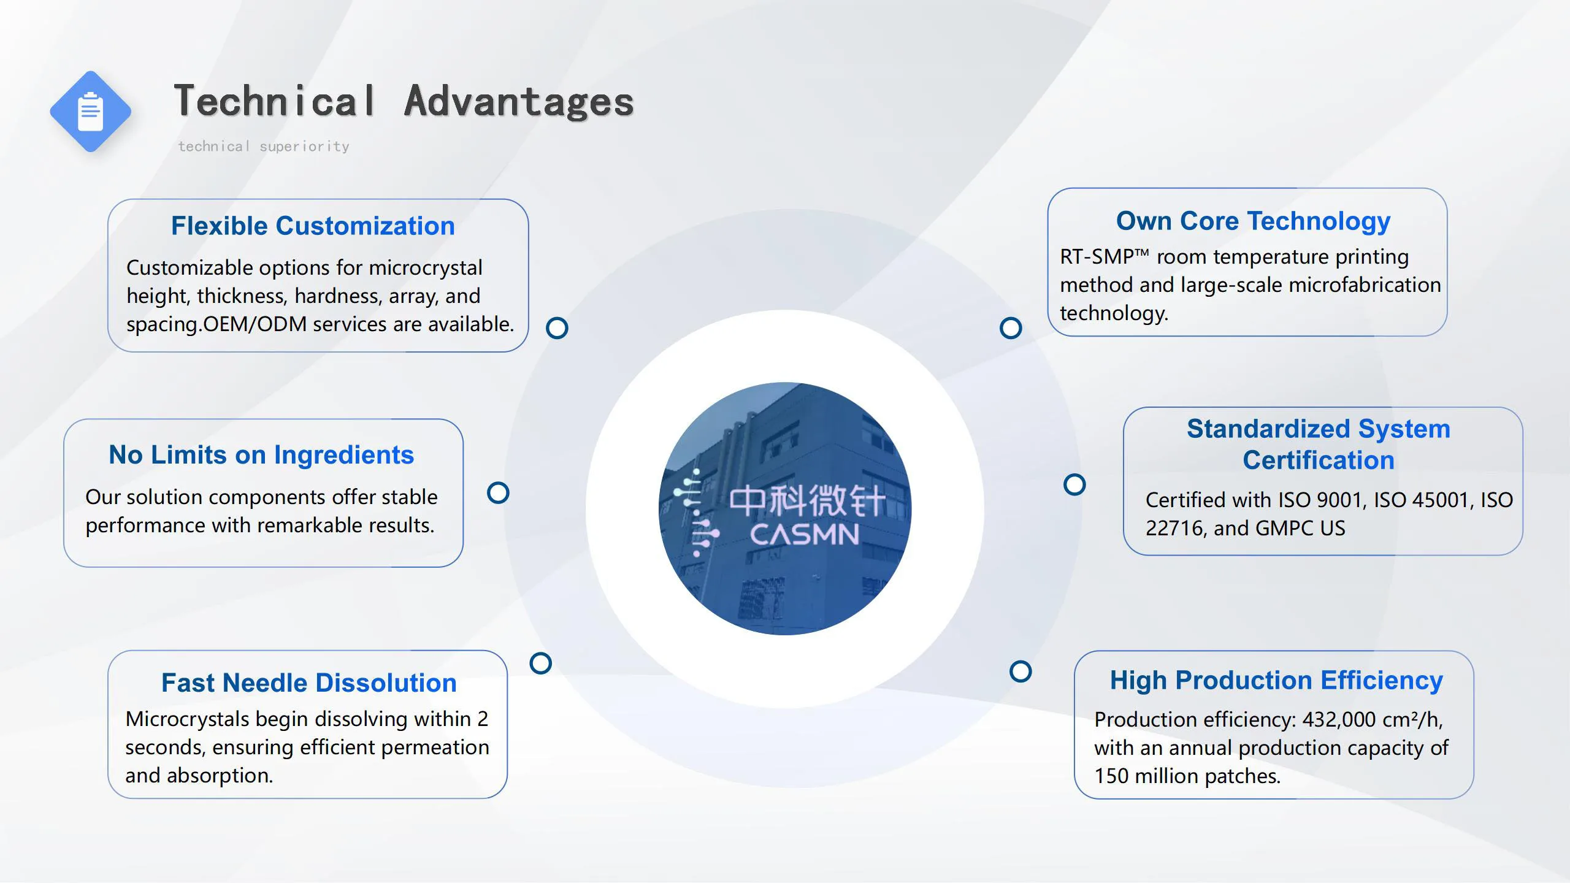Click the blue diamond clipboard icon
pos(91,112)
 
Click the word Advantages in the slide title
pos(519,101)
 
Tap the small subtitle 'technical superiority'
pos(264,147)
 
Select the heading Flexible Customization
pos(313,226)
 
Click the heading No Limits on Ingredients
pos(261,455)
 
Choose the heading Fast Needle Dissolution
pos(309,682)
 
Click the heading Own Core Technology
pos(1253,221)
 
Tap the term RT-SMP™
pos(1105,256)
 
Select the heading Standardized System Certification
pos(1319,444)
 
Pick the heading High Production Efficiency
pos(1276,681)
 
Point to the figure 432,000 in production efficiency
pos(1336,719)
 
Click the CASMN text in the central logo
pos(805,535)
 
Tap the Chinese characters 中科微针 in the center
pos(808,500)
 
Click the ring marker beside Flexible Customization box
pos(557,328)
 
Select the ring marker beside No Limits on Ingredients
pos(498,492)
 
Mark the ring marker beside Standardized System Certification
pos(1074,484)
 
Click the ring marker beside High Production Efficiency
pos(1020,671)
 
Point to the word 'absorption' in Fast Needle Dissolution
pos(220,776)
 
